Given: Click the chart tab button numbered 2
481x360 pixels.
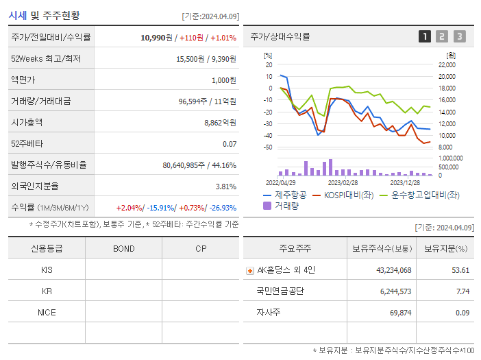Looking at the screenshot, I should point(442,36).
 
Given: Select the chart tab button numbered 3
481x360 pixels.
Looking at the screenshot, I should point(459,36).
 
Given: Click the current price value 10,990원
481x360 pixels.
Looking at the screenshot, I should point(156,38).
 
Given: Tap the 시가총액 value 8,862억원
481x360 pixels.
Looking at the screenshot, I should point(220,123).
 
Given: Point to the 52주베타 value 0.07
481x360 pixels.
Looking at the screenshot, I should point(230,144).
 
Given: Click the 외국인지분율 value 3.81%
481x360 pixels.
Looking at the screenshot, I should point(225,187).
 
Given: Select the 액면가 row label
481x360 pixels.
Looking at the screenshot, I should point(23,80).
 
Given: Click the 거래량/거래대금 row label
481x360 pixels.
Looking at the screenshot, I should point(40,101).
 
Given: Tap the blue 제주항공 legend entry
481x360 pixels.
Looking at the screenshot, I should point(285,195).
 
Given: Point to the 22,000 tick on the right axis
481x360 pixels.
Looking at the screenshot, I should point(446,64).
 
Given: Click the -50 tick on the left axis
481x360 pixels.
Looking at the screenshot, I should point(268,147).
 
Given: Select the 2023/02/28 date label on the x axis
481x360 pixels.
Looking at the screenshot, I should point(343,183).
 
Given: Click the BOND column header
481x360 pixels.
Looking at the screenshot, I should point(124,248).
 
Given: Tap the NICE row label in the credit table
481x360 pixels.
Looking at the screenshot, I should point(47,312).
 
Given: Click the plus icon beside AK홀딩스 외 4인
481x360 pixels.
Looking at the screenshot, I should point(250,270).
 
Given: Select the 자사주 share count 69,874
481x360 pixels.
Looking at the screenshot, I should point(397,313).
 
